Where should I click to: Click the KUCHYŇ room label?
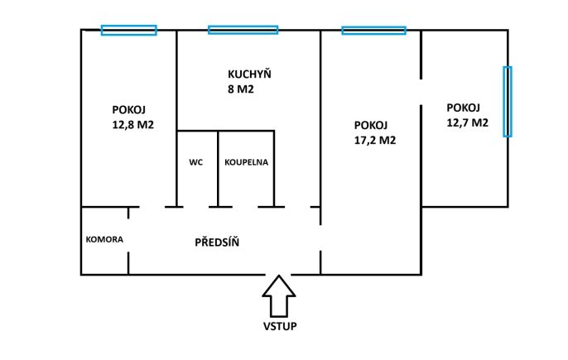(249, 74)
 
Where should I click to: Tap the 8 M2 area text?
(241, 89)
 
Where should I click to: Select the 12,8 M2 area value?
(133, 125)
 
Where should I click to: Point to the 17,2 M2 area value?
(375, 140)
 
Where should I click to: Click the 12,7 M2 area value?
(467, 122)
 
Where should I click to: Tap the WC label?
(196, 162)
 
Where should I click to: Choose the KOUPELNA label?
(247, 162)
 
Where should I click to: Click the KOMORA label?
(104, 239)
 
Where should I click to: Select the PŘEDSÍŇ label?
(217, 242)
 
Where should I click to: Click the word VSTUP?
(280, 326)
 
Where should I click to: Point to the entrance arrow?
(279, 296)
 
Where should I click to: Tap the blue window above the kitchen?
(243, 30)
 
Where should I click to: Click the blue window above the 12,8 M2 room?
(129, 30)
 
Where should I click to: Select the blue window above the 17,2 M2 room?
(374, 31)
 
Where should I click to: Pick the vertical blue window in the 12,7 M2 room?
(508, 102)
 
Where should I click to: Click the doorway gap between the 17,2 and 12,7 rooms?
(421, 92)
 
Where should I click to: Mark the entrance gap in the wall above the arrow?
(278, 275)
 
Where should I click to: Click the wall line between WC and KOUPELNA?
(218, 169)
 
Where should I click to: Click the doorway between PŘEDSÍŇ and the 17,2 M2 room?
(320, 238)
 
